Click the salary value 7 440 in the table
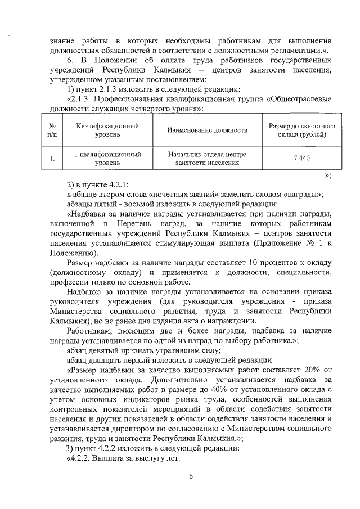[301, 158]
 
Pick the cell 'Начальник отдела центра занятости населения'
[208, 158]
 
